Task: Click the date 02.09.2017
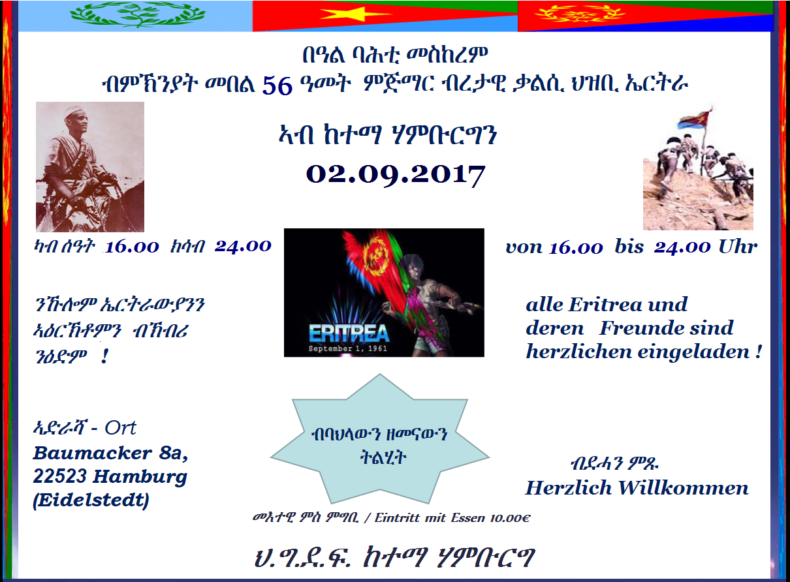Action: (396, 176)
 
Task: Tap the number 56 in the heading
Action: (277, 85)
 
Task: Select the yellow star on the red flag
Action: (355, 14)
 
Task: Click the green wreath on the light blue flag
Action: (138, 15)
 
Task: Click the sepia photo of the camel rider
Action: (90, 167)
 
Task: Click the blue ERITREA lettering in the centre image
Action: (349, 333)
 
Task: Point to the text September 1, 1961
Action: (348, 348)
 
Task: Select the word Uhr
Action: (738, 247)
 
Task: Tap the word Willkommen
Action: (683, 488)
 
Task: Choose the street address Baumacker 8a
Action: (110, 453)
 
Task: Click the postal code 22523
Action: (59, 476)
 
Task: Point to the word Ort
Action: (120, 428)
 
